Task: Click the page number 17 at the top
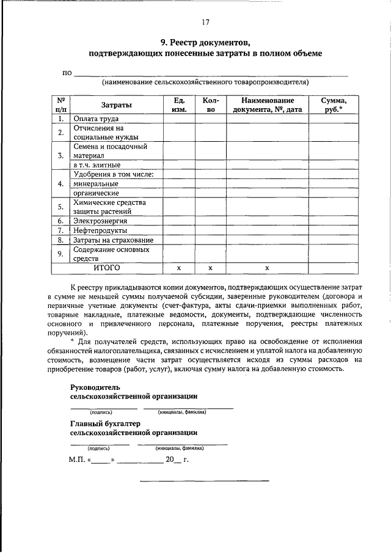[x=205, y=23]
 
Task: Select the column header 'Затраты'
[x=116, y=105]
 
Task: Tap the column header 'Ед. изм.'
[x=178, y=105]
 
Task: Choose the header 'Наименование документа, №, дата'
[x=268, y=105]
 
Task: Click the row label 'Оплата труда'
[x=96, y=119]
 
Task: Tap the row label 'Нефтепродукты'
[x=100, y=230]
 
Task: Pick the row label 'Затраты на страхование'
[x=113, y=240]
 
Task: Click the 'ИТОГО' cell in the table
[x=106, y=268]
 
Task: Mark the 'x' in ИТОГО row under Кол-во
[x=210, y=268]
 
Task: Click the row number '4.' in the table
[x=60, y=183]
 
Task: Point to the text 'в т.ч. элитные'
[x=97, y=165]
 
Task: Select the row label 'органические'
[x=96, y=192]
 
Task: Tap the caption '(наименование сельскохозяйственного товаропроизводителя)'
[x=205, y=81]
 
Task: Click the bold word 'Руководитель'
[x=95, y=387]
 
